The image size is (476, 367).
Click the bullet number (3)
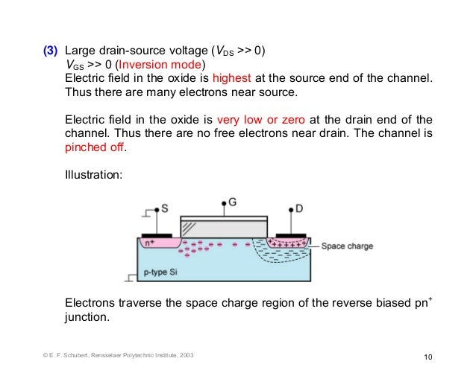click(x=49, y=51)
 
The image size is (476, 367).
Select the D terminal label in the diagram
click(x=298, y=210)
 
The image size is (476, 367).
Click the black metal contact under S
click(x=157, y=234)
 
